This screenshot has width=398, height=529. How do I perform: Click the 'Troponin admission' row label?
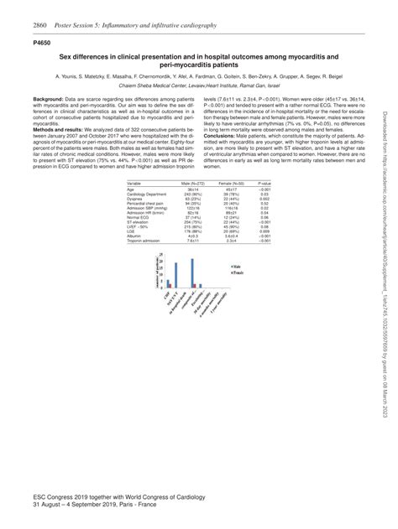tap(144, 240)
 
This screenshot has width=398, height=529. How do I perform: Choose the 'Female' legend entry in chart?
tap(236, 272)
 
